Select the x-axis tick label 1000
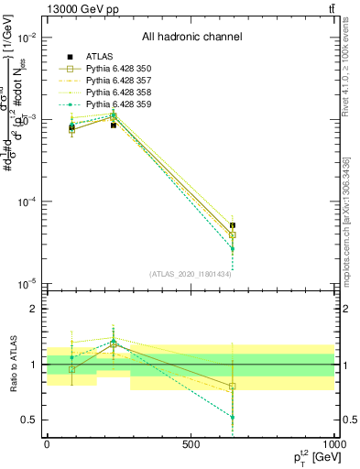(332, 444)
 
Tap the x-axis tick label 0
(47, 444)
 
